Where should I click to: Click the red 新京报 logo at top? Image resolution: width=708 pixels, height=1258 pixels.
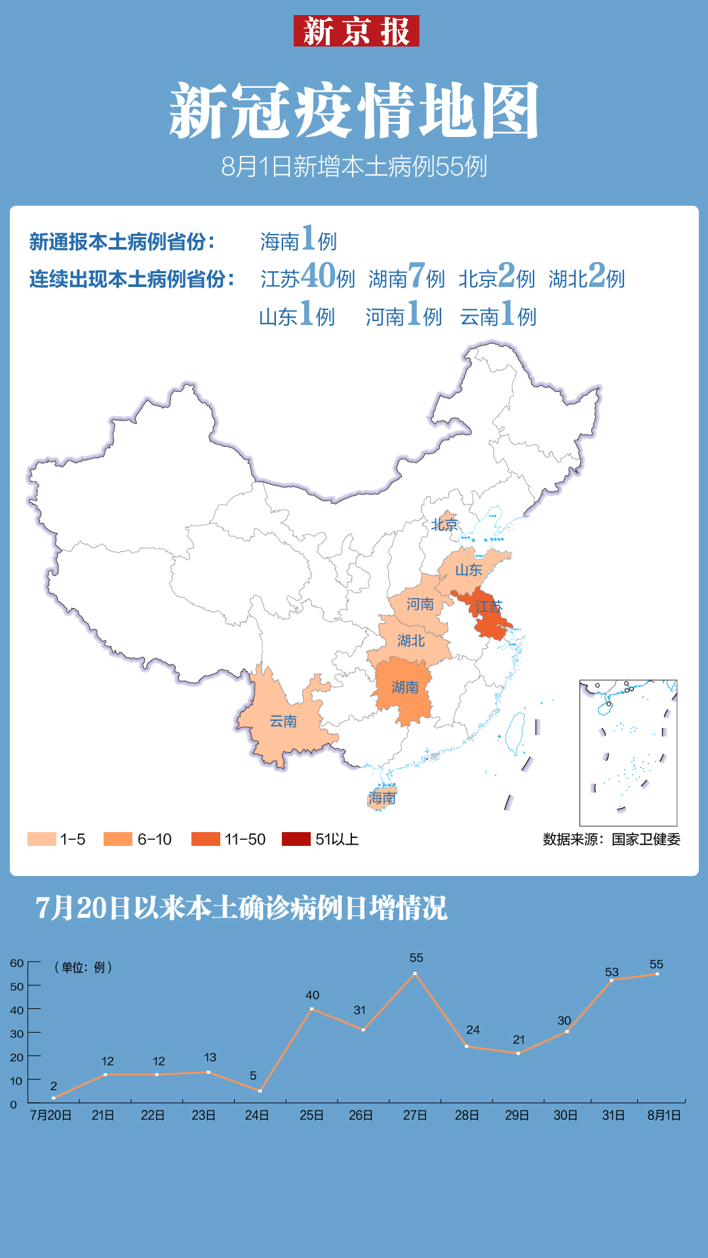tap(356, 31)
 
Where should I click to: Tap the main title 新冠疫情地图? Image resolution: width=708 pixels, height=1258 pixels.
tap(354, 111)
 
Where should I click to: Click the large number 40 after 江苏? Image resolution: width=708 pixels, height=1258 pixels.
tap(319, 275)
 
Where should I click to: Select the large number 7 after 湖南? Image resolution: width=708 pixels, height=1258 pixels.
tap(416, 275)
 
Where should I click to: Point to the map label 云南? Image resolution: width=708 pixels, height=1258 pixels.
tap(283, 721)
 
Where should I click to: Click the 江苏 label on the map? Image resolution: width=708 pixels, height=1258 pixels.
tap(488, 607)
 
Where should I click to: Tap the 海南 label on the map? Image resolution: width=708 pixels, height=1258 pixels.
tap(382, 798)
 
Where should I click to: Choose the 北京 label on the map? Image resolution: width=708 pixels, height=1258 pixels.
tap(444, 524)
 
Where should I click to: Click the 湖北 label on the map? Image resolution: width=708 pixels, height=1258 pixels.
tap(411, 641)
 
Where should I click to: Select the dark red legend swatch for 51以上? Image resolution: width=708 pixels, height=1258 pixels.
tap(296, 839)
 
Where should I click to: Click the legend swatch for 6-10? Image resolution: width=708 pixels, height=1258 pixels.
tap(118, 839)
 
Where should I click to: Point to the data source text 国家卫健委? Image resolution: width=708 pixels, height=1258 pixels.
tap(646, 839)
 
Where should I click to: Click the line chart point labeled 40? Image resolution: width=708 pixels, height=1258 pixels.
tap(311, 1009)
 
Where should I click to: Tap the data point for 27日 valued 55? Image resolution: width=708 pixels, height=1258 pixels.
tap(415, 974)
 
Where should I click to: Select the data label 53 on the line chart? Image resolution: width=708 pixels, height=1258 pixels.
tap(612, 972)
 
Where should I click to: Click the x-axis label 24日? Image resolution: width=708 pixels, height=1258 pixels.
tap(256, 1115)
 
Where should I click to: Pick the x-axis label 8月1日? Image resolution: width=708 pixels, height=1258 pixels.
tap(663, 1115)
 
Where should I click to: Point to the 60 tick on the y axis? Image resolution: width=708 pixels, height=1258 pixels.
tap(16, 963)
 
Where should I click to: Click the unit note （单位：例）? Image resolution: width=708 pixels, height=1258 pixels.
tap(83, 967)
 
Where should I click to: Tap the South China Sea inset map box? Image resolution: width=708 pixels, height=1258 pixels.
tap(628, 753)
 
